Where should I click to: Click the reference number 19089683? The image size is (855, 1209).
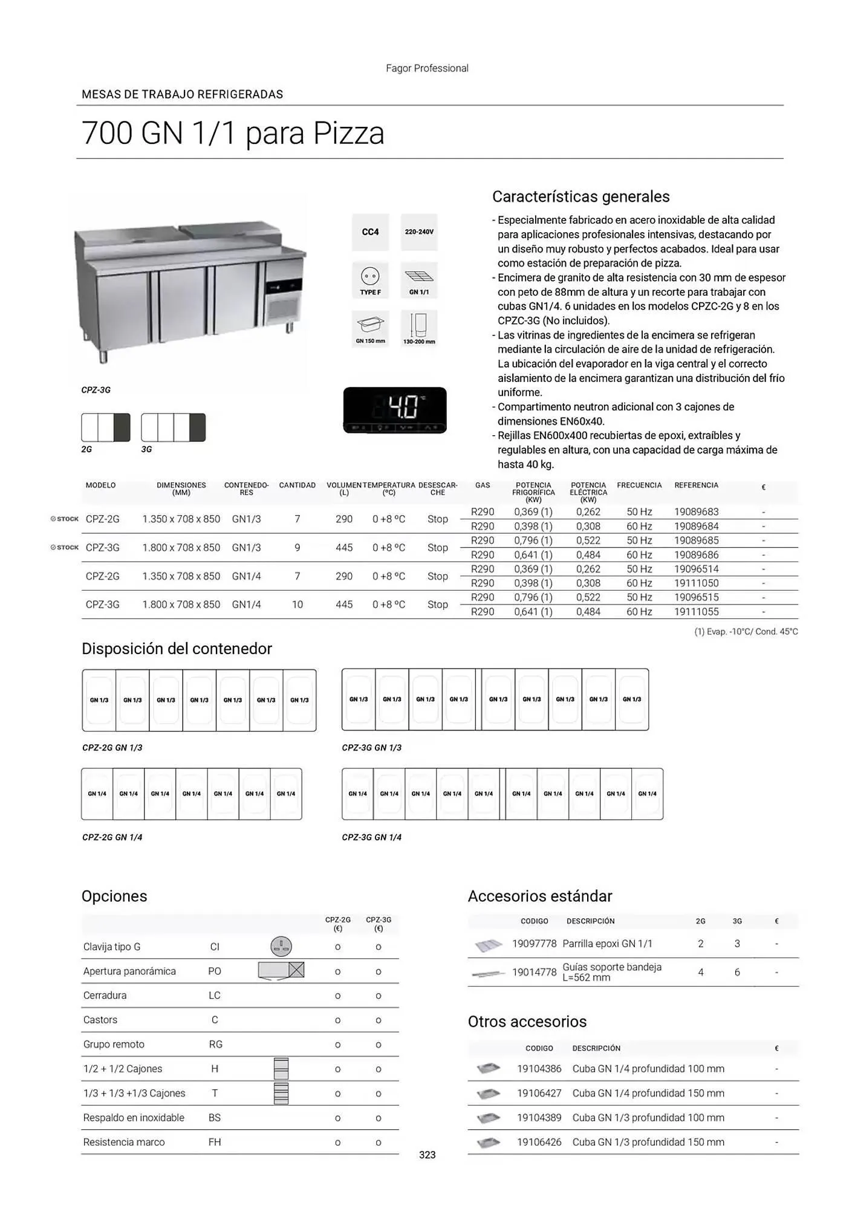(x=696, y=512)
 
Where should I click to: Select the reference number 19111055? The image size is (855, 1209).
(x=696, y=612)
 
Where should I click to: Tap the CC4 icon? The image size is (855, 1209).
(x=370, y=232)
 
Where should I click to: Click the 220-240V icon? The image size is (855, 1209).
(x=419, y=232)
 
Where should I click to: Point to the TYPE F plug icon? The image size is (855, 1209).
(x=370, y=280)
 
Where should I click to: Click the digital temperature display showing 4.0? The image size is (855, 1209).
(x=395, y=410)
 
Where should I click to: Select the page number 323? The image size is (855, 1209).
(x=427, y=1155)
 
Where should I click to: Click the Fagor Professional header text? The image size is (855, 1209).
(x=427, y=68)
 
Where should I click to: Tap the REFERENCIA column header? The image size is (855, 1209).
(x=696, y=485)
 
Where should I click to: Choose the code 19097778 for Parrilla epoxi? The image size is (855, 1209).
(x=534, y=944)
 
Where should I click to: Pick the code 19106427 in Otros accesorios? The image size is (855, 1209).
(x=539, y=1093)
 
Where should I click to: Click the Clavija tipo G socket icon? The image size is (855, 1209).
(x=281, y=947)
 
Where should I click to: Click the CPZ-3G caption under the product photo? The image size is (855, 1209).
(x=96, y=391)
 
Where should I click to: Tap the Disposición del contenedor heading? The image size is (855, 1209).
(x=177, y=649)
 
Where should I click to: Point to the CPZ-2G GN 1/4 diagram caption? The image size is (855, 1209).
(x=112, y=837)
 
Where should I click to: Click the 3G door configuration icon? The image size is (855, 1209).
(x=173, y=427)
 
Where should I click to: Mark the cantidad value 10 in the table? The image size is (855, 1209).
(x=297, y=604)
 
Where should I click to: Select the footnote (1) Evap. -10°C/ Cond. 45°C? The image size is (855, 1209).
(x=746, y=632)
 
